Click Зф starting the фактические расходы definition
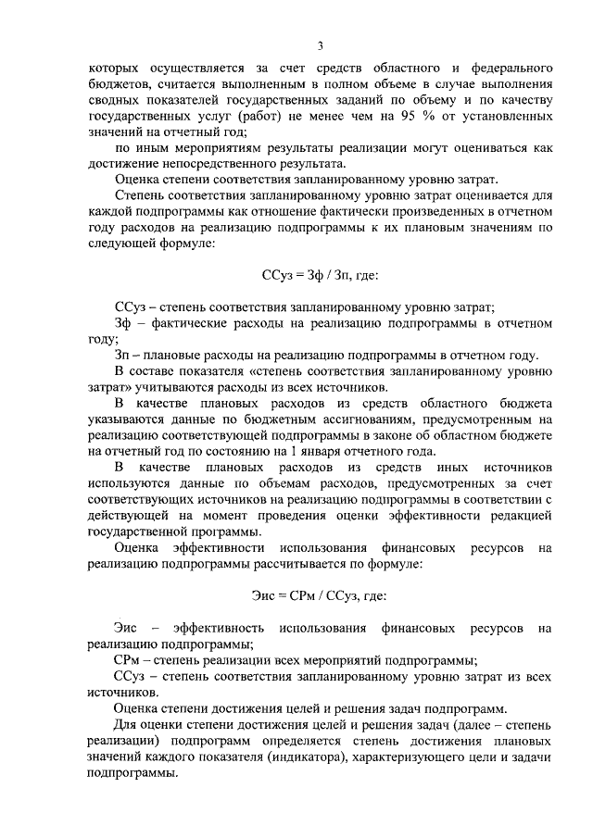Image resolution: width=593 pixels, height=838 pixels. [123, 323]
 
